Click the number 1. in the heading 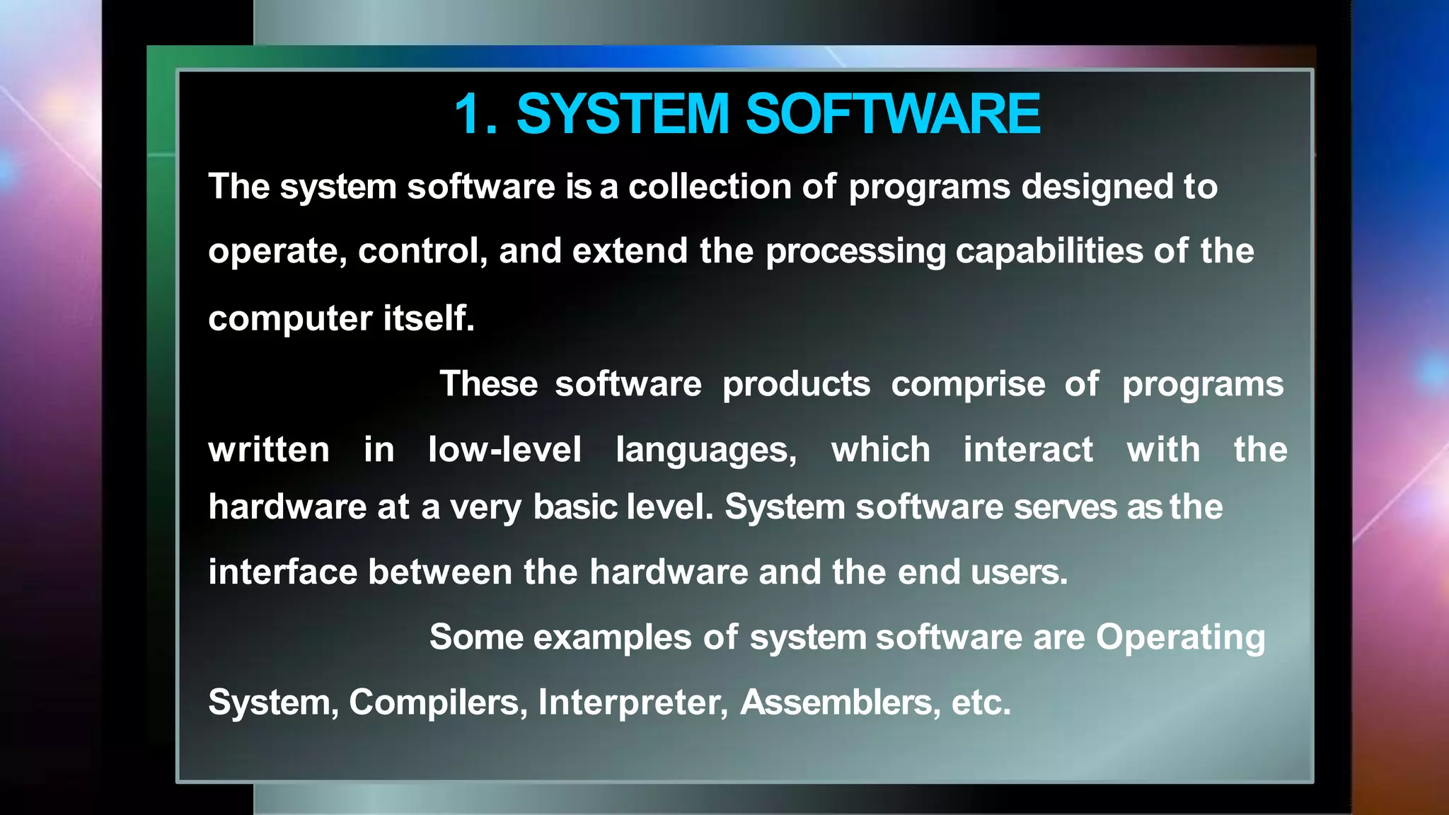475,114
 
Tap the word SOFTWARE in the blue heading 893,114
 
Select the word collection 710,187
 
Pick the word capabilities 1049,252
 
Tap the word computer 289,319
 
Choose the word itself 429,318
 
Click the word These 488,384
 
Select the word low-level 504,450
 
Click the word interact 1028,450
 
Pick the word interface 282,572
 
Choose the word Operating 1180,638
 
